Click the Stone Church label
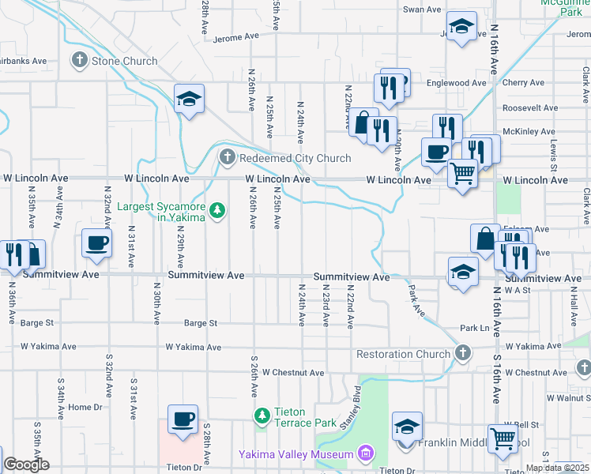click(125, 60)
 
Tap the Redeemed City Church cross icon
click(228, 158)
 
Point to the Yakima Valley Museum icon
click(364, 453)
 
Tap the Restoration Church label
click(403, 354)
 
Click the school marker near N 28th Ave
click(189, 100)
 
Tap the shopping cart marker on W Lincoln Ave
click(462, 174)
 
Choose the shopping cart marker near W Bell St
click(503, 439)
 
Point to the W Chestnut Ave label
click(293, 372)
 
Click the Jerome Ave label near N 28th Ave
click(236, 36)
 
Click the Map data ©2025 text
click(557, 468)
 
